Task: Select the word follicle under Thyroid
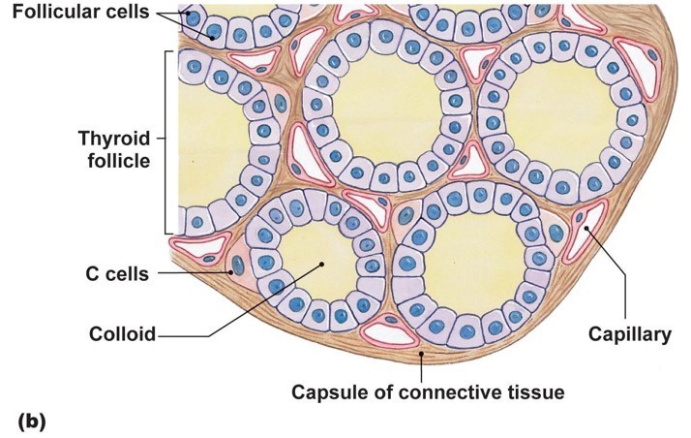click(116, 161)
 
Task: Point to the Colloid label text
click(123, 334)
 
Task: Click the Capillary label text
click(630, 335)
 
